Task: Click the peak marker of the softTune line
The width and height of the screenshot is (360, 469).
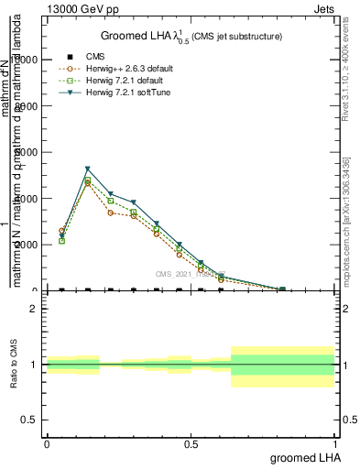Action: click(x=87, y=169)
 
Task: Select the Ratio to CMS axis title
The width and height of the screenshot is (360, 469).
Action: click(x=14, y=365)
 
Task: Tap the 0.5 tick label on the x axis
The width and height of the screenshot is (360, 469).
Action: click(x=191, y=442)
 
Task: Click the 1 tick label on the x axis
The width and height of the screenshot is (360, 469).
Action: click(x=335, y=442)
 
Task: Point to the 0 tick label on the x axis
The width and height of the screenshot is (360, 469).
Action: click(x=47, y=442)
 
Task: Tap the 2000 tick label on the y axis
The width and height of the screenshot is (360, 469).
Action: click(x=25, y=245)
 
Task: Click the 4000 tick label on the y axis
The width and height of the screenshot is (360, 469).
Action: click(x=25, y=198)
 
